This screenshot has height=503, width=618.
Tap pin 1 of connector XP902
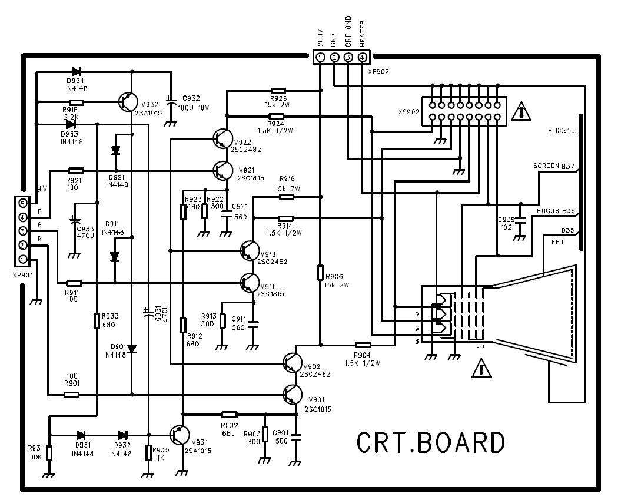(x=320, y=58)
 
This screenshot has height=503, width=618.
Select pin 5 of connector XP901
(x=23, y=203)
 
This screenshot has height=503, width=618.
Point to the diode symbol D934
(x=75, y=72)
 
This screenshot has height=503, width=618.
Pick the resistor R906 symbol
(x=320, y=273)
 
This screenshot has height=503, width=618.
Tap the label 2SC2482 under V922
(x=250, y=150)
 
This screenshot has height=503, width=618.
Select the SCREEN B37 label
(x=554, y=167)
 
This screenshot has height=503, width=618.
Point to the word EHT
(x=559, y=242)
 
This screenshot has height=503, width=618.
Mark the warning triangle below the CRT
(x=481, y=369)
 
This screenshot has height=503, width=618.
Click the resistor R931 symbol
(x=49, y=453)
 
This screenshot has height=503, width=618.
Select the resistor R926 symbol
(x=278, y=91)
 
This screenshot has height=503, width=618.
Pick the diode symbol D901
(x=132, y=348)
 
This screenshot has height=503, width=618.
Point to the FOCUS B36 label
(x=556, y=210)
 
